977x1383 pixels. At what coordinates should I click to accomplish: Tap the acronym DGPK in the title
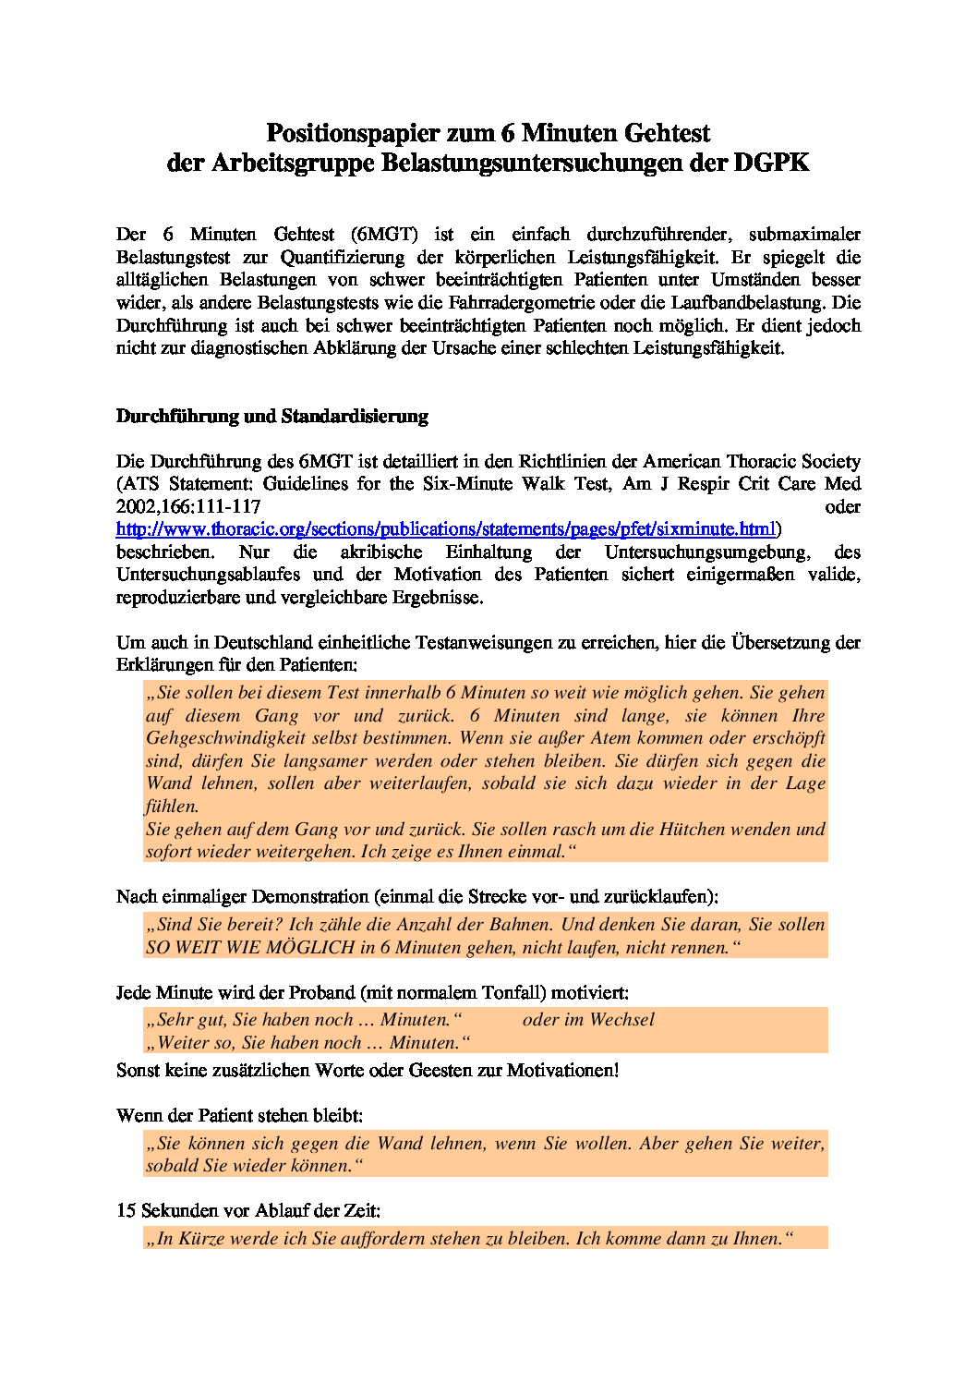pos(771,163)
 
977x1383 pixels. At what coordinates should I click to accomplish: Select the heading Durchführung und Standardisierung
pos(271,416)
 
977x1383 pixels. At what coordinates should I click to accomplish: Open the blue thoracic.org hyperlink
pos(445,529)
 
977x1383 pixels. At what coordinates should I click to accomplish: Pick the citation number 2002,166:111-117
pos(188,506)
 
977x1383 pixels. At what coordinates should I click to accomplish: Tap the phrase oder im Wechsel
pos(588,1020)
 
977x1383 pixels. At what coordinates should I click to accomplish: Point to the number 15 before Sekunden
pos(127,1210)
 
